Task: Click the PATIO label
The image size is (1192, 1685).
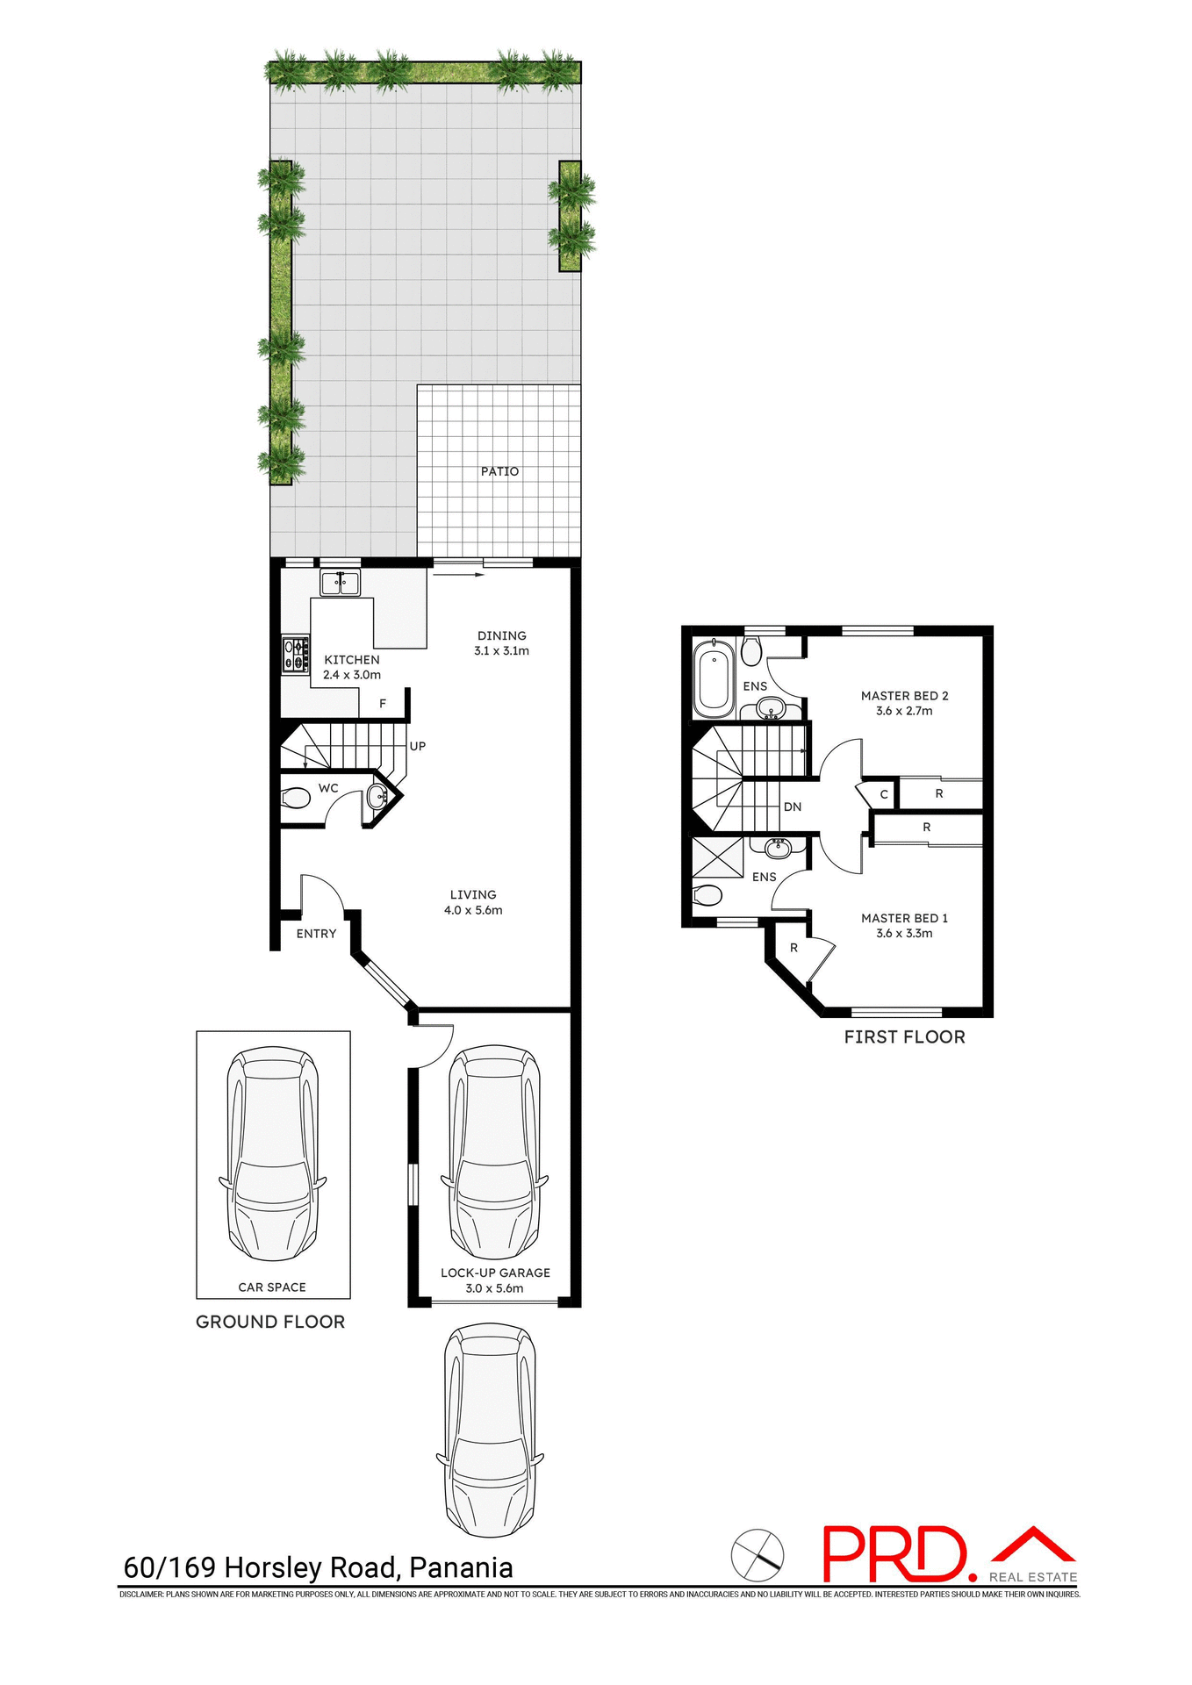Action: [x=499, y=471]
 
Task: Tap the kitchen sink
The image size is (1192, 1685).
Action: [x=340, y=583]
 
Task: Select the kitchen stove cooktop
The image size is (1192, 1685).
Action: [x=296, y=655]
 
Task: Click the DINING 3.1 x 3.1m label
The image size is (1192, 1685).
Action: [x=501, y=643]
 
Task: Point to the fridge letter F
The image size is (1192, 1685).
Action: [x=383, y=704]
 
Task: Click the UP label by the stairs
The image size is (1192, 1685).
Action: [x=418, y=746]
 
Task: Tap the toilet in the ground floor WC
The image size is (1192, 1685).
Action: [x=296, y=799]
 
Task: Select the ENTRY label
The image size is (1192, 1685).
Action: [x=316, y=934]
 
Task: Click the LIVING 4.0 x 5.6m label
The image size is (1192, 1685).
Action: [x=473, y=902]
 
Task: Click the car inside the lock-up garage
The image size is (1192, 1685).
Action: [x=494, y=1152]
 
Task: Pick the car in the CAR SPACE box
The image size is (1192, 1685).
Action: [x=272, y=1154]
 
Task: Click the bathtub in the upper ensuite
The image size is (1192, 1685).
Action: [x=714, y=678]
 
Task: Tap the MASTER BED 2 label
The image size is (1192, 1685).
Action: [x=904, y=703]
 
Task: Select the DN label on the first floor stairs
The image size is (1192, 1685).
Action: [x=793, y=807]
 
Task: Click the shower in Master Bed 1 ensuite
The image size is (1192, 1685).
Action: [x=717, y=857]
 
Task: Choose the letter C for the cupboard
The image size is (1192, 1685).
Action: [x=884, y=794]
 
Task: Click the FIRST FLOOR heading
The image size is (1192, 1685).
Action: [x=904, y=1037]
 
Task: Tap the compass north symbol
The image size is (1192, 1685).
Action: [x=758, y=1555]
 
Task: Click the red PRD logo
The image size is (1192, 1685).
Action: [x=895, y=1554]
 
